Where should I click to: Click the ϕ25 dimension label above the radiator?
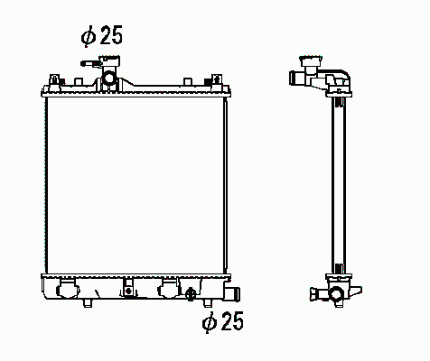[x=102, y=36]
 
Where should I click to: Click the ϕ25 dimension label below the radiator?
[x=223, y=321]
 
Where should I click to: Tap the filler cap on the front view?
[x=109, y=61]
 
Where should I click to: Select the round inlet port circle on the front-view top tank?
[x=109, y=79]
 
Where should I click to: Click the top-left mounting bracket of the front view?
[x=54, y=82]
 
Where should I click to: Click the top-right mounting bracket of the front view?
[x=217, y=82]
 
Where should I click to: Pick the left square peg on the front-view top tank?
[x=79, y=81]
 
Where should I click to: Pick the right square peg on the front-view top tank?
[x=188, y=81]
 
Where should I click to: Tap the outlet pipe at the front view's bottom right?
[x=232, y=294]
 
